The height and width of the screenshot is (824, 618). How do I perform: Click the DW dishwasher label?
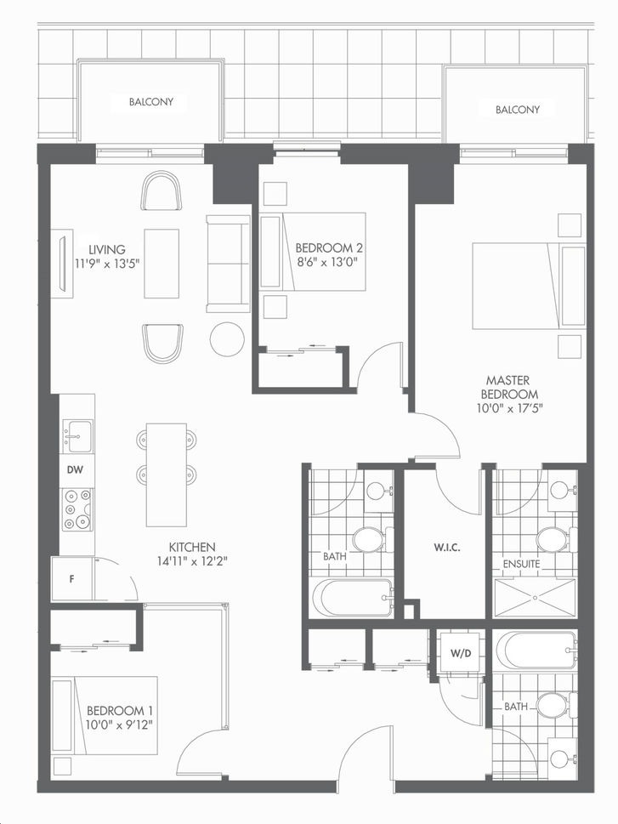click(x=75, y=469)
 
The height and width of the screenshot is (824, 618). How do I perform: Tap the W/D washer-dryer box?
click(x=461, y=653)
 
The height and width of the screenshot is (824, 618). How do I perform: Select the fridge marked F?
click(x=72, y=579)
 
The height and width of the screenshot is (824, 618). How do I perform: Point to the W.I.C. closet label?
click(x=447, y=548)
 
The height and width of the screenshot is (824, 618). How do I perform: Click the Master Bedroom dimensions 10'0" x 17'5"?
click(x=508, y=408)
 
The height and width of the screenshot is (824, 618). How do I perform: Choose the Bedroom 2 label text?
click(x=329, y=247)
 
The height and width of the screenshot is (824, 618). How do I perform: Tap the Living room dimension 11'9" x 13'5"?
click(x=107, y=264)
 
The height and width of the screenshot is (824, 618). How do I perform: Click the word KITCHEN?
click(x=192, y=547)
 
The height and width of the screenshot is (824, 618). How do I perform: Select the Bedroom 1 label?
click(x=120, y=711)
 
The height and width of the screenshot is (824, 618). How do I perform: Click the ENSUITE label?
click(x=521, y=564)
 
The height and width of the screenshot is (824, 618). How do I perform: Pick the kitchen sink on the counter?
click(x=77, y=435)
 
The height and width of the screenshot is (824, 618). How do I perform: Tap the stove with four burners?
click(x=77, y=509)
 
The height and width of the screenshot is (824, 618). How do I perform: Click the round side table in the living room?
click(x=227, y=339)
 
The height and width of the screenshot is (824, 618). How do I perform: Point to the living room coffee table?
click(x=162, y=264)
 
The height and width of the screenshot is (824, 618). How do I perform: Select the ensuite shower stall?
click(x=534, y=598)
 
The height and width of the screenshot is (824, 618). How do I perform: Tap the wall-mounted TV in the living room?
click(x=63, y=264)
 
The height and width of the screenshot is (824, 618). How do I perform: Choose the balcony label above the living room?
click(x=151, y=101)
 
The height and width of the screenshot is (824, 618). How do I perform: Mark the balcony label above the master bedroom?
click(x=518, y=110)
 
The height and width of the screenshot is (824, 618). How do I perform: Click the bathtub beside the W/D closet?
click(x=536, y=651)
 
